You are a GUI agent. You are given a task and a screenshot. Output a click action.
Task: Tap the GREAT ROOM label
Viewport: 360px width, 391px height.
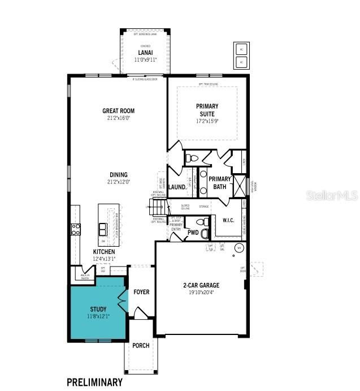(118, 111)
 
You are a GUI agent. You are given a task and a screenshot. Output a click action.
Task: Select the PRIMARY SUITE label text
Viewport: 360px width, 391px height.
(207, 110)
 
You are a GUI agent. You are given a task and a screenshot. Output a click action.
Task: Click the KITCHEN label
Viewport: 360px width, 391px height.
(104, 252)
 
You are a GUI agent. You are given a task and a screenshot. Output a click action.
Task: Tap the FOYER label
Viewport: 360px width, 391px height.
(141, 292)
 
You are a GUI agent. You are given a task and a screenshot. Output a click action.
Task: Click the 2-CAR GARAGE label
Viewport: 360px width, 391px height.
(201, 285)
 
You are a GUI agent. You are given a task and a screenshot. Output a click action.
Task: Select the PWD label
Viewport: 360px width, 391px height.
(192, 232)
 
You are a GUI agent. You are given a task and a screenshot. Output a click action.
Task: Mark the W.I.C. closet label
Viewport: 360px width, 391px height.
(228, 220)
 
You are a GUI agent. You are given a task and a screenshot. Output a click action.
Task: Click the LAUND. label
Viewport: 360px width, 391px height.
(177, 187)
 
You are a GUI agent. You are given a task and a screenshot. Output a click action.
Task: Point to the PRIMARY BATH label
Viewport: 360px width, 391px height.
(219, 183)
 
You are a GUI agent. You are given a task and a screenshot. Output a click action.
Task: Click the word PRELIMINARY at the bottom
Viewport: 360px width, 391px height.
(94, 382)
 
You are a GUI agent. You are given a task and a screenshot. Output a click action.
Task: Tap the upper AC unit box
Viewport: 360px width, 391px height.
(241, 48)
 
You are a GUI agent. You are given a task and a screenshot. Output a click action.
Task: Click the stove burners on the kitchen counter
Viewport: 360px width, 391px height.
(75, 229)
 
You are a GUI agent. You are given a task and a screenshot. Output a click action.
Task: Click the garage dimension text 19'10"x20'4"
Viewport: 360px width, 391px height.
(201, 293)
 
